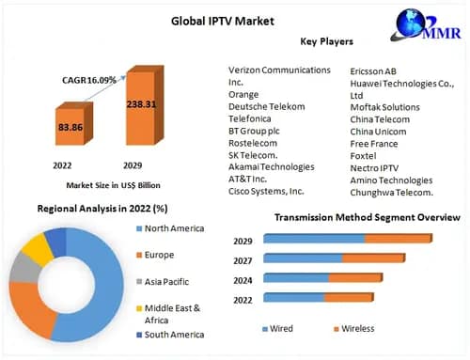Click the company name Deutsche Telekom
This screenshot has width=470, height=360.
tap(267, 106)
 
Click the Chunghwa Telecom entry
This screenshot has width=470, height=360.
tap(391, 193)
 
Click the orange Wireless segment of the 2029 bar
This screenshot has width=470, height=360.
tap(397, 239)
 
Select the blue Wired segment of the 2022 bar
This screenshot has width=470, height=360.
tap(293, 298)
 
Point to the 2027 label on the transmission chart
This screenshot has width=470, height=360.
tap(243, 258)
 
